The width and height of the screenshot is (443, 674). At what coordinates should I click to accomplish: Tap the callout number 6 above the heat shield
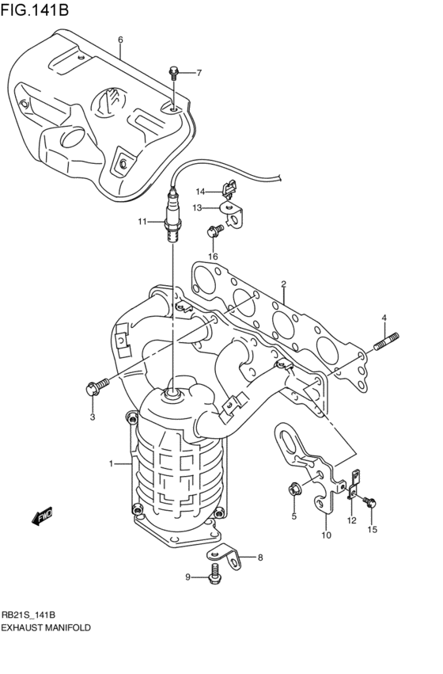coord(120,40)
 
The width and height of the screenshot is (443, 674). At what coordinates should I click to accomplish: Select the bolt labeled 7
coord(173,74)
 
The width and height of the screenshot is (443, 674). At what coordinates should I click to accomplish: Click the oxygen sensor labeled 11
coord(172,218)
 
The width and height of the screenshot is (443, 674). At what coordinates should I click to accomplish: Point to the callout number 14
coord(200,191)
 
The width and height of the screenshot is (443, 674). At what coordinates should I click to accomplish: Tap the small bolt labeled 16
coord(212,231)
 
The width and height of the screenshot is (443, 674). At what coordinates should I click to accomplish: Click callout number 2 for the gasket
coord(283,284)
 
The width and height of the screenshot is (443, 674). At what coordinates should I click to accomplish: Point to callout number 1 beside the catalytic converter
coord(112,463)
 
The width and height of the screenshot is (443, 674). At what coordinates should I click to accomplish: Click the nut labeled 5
coord(293,489)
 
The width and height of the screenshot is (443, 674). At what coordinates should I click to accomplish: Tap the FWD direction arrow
coord(42,516)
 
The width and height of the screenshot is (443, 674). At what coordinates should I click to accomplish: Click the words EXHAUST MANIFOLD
coord(46,626)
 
